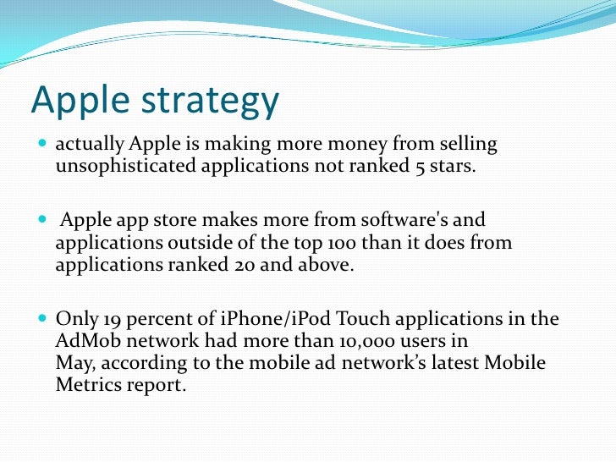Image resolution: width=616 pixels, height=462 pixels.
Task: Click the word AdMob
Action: (88, 341)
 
